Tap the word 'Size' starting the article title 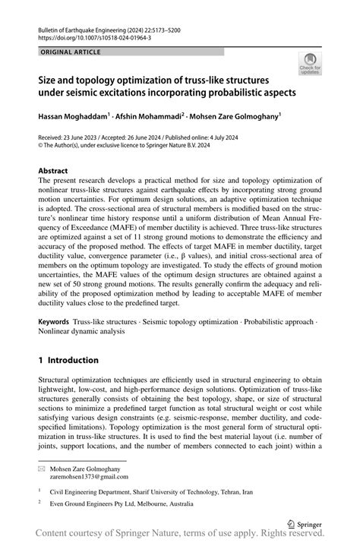click(50, 79)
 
